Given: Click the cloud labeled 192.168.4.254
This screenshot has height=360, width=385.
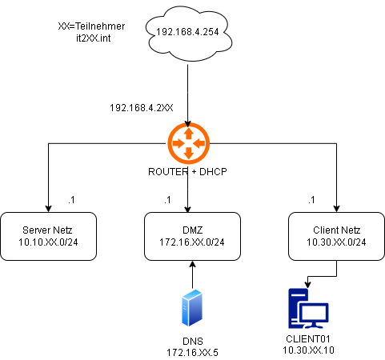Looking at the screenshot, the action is [x=188, y=34].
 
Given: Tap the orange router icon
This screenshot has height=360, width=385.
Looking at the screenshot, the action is [x=189, y=143].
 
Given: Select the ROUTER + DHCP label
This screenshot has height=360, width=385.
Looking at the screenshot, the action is [x=187, y=172].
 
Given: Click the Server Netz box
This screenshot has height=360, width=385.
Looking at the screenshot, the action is [x=48, y=236].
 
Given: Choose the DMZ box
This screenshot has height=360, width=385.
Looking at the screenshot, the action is [x=192, y=236].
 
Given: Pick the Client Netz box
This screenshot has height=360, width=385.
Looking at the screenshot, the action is [x=336, y=236].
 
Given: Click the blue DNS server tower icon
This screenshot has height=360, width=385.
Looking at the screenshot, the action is [x=192, y=308].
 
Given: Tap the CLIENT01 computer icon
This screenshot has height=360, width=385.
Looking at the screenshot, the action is [x=308, y=309].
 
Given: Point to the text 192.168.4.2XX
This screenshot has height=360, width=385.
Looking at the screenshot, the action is [x=142, y=108].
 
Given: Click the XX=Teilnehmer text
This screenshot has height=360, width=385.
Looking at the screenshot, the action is [x=91, y=26].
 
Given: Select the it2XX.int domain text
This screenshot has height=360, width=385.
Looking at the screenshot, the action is [x=94, y=38].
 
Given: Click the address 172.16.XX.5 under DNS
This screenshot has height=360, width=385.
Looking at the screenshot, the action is [x=192, y=353].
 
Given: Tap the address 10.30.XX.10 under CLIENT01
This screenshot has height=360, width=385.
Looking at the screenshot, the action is [x=308, y=350].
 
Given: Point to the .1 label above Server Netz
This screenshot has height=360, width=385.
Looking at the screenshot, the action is [x=71, y=200].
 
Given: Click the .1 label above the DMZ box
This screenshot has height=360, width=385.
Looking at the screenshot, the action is [x=167, y=200].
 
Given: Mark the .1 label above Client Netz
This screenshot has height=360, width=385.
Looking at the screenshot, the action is [x=311, y=200].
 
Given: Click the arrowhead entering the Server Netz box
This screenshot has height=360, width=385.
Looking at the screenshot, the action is [x=48, y=209].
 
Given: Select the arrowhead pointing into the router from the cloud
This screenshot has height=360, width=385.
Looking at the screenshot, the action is [x=188, y=124].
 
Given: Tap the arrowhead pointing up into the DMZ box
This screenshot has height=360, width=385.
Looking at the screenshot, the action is [x=192, y=263].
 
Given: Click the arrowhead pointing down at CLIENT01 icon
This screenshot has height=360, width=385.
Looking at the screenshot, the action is [x=307, y=285].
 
